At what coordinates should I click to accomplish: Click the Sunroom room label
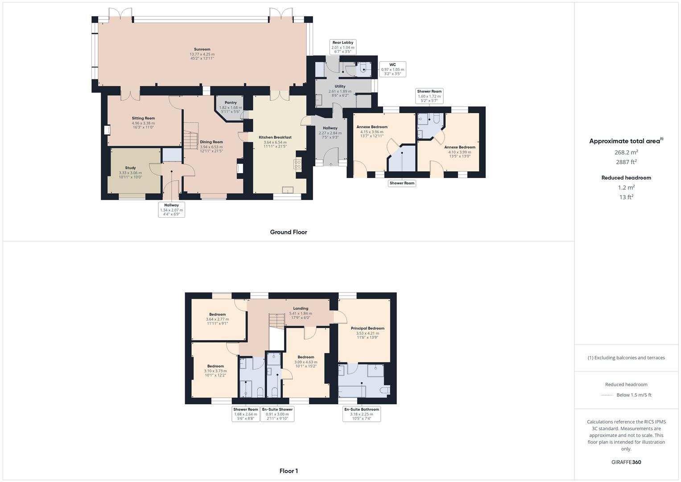(202, 50)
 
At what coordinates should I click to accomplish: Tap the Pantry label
(231, 103)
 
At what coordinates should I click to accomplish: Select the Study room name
(130, 168)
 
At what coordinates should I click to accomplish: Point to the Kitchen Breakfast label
(275, 137)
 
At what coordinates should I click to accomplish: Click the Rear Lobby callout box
(343, 47)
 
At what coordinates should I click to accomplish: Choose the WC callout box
(392, 69)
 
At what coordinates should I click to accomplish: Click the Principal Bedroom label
(367, 328)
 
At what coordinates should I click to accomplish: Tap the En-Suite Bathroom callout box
(361, 414)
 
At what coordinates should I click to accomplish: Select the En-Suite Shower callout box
(277, 414)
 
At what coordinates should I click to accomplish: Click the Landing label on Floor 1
(301, 308)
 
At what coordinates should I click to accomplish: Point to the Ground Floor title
(289, 232)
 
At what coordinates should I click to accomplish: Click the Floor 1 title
(289, 471)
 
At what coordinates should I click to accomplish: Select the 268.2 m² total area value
(626, 152)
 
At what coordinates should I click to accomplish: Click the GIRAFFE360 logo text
(626, 462)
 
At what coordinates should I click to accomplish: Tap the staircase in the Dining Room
(190, 137)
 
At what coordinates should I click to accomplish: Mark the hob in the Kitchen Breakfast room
(297, 164)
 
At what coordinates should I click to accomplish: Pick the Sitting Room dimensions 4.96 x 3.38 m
(143, 123)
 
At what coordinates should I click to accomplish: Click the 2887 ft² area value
(626, 162)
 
